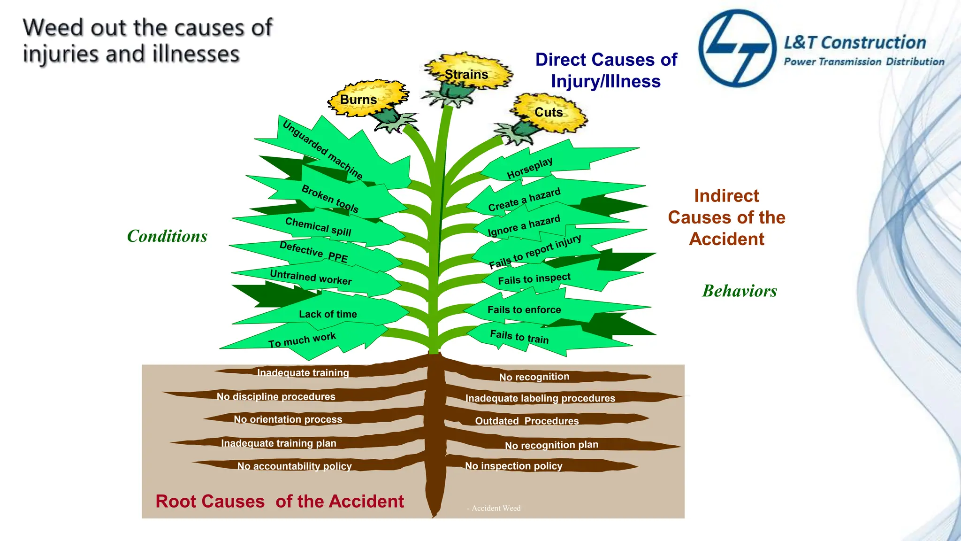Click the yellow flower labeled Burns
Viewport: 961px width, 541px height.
366,99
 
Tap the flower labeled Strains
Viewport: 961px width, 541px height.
467,74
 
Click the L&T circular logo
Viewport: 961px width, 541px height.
737,48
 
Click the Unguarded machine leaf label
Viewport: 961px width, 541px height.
323,150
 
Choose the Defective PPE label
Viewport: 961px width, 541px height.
313,252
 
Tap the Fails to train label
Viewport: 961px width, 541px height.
519,336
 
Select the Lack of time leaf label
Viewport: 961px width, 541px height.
328,314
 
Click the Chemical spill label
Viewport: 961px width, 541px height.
318,226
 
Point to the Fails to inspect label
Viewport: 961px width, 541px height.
534,279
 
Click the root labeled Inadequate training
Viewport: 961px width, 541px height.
303,373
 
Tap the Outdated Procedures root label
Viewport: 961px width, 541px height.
527,421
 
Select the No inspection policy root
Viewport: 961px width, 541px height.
513,466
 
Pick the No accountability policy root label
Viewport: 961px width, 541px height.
294,466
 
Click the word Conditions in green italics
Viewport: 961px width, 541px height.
167,236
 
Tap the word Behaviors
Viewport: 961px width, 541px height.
740,291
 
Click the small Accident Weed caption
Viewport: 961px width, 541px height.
496,508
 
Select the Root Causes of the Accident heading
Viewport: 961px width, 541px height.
280,502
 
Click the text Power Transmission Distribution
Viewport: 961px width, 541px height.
864,62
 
